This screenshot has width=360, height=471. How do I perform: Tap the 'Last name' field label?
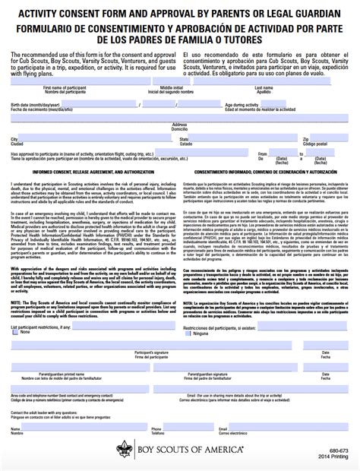pos(264,87)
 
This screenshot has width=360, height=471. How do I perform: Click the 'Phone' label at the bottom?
pos(156,428)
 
